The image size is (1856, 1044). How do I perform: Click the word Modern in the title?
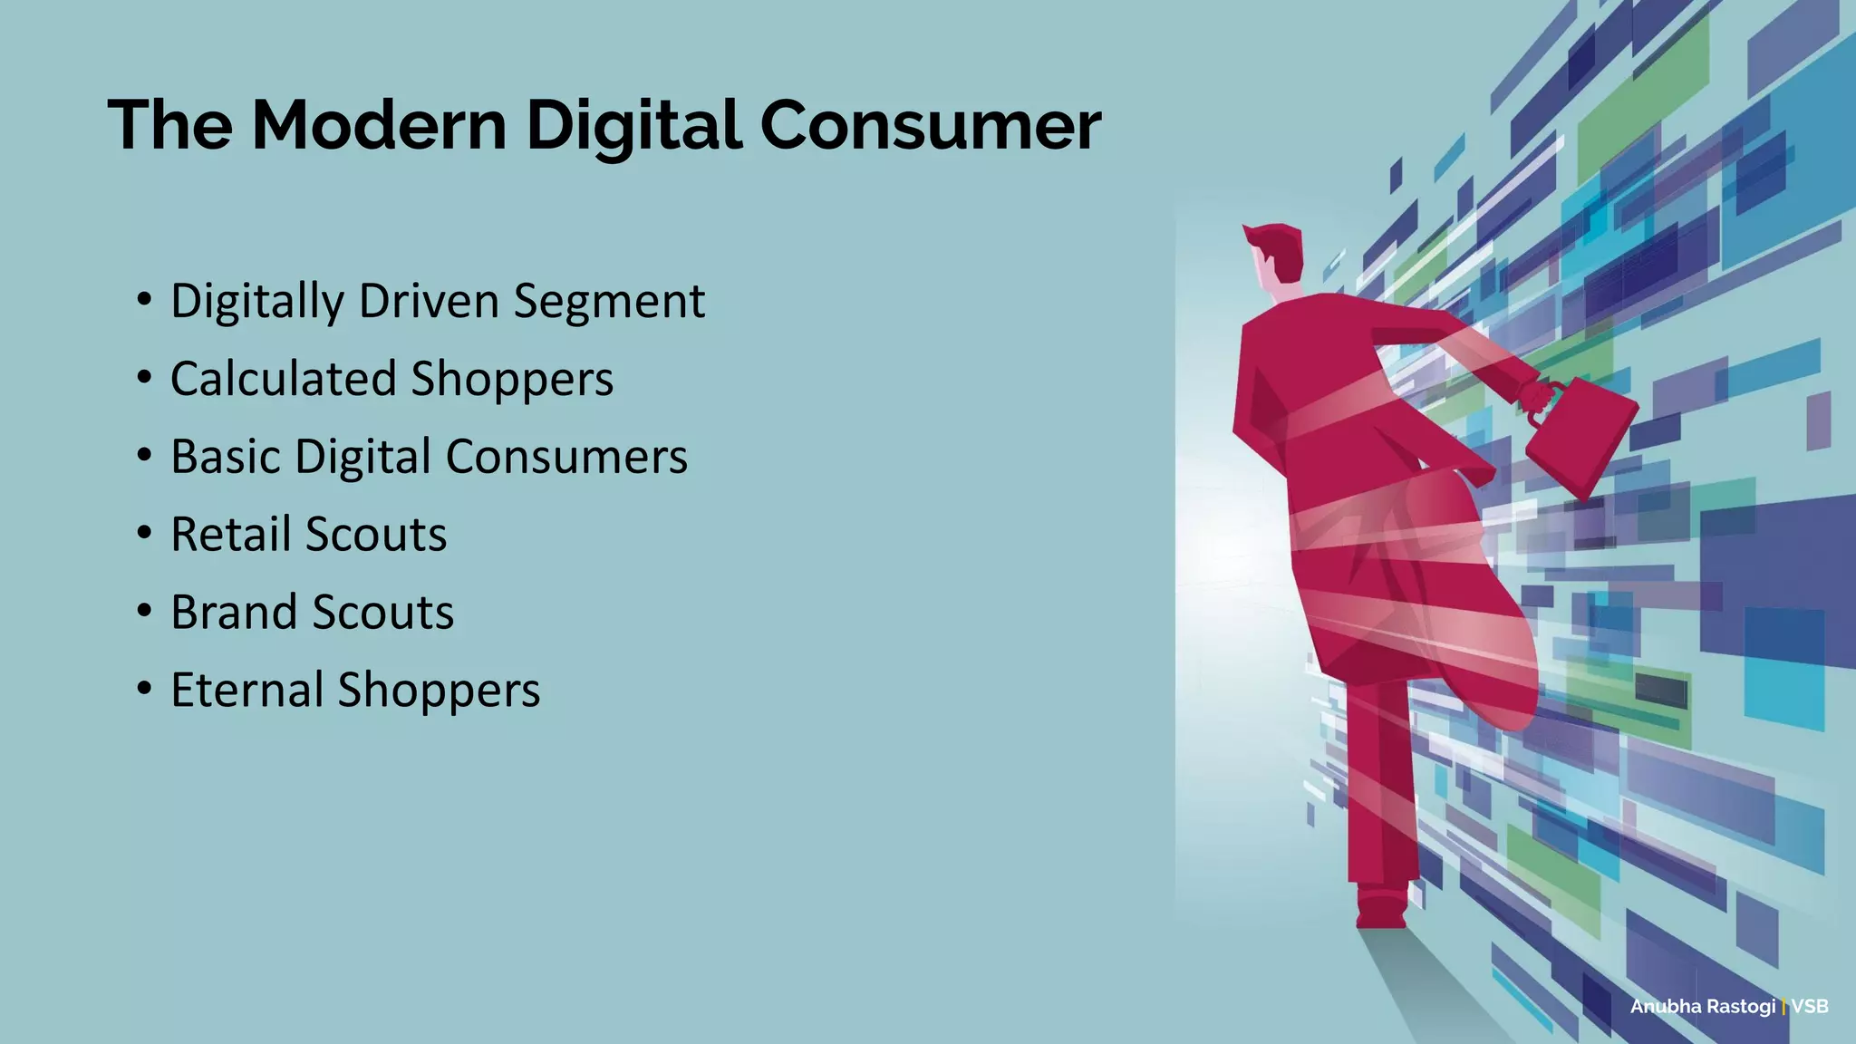[x=379, y=124]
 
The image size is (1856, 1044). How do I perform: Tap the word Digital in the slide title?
[x=634, y=124]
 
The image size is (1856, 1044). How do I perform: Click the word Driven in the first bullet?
[x=429, y=301]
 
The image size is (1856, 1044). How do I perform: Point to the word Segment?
[x=609, y=303]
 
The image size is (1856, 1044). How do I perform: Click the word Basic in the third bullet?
[x=226, y=456]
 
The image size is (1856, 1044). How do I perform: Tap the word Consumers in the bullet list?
[x=566, y=456]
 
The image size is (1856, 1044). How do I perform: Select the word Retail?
[x=230, y=534]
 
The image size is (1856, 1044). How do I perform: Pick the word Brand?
[x=233, y=612]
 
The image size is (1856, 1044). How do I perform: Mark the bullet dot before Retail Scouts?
[x=145, y=534]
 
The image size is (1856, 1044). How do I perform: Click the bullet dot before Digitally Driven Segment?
[x=145, y=301]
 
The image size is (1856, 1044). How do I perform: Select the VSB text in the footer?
[x=1810, y=1006]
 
